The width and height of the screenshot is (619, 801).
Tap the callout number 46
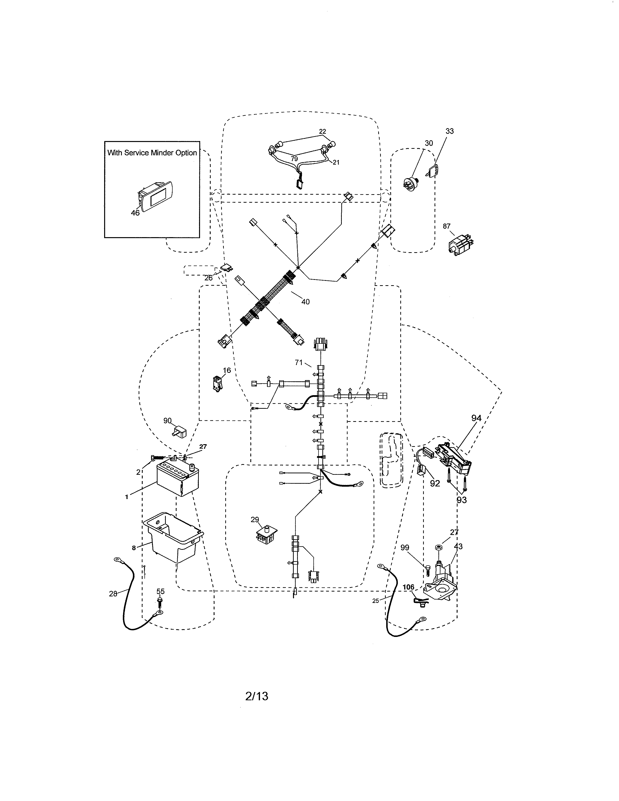coord(135,213)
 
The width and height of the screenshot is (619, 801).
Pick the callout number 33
coord(449,131)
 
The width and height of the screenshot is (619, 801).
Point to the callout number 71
coord(299,363)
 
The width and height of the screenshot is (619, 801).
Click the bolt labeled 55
coord(160,601)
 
